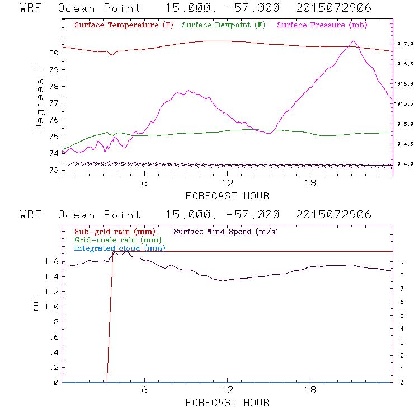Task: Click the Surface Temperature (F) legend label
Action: pyautogui.click(x=124, y=26)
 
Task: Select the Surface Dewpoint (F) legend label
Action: pyautogui.click(x=224, y=26)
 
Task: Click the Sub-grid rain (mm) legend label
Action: pyautogui.click(x=115, y=231)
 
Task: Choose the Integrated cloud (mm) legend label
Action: pyautogui.click(x=120, y=248)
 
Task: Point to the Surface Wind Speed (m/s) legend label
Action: pyautogui.click(x=226, y=231)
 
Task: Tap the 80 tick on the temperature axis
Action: pyautogui.click(x=54, y=53)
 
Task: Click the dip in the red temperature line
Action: pyautogui.click(x=112, y=54)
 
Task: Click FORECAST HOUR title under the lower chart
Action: pyautogui.click(x=227, y=403)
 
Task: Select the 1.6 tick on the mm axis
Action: pyautogui.click(x=52, y=261)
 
